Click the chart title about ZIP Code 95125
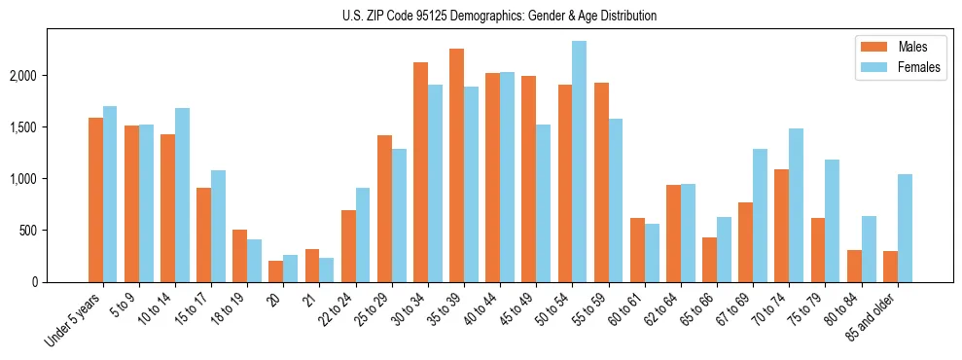pyautogui.click(x=499, y=16)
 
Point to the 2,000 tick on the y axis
pyautogui.click(x=44, y=76)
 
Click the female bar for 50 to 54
pyautogui.click(x=579, y=162)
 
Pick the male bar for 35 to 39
pyautogui.click(x=456, y=165)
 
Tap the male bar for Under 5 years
pyautogui.click(x=95, y=200)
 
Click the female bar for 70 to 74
pyautogui.click(x=796, y=205)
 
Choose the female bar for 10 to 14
pyautogui.click(x=182, y=196)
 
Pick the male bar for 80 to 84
pyautogui.click(x=853, y=267)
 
